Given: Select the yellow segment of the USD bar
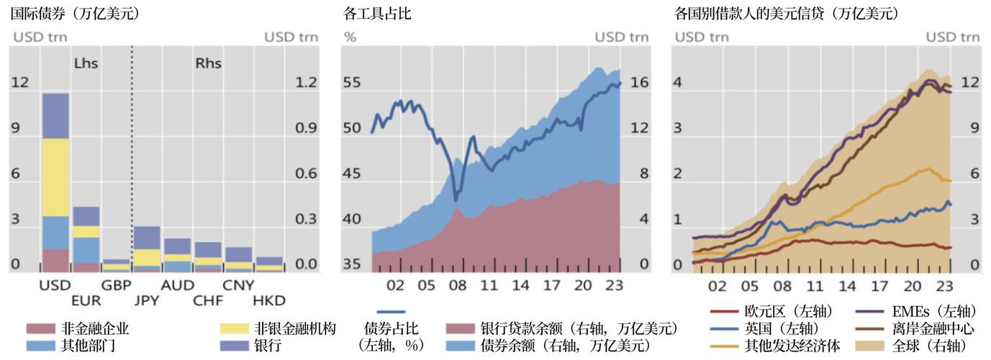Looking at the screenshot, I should pos(55,176).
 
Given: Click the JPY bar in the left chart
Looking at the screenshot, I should pos(147,249).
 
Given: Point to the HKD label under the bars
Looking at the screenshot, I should pos(270,300).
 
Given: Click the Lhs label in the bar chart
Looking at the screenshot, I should pos(86,63).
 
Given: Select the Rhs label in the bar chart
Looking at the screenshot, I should pos(208,63).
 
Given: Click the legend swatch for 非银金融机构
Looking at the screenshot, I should pos(235,329).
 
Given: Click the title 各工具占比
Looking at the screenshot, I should pos(378,14).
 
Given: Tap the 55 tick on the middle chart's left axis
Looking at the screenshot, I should pos(351,83).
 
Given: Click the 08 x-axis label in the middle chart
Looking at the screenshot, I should pos(458,285).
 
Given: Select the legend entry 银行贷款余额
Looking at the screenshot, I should pos(561,329).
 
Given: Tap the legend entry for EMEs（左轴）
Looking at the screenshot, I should pos(914,312).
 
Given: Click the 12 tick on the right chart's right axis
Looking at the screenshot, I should pos(969,83).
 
